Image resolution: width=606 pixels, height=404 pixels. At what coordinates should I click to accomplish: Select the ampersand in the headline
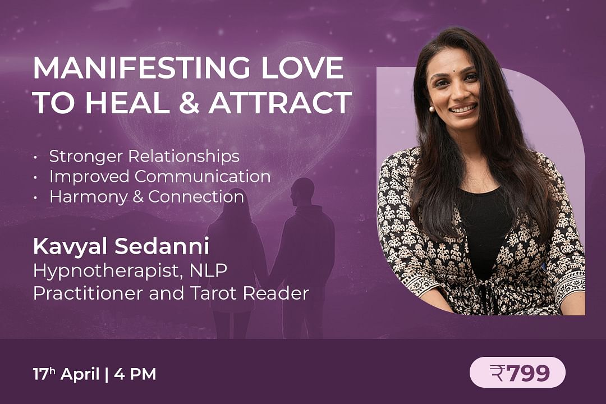[190, 103]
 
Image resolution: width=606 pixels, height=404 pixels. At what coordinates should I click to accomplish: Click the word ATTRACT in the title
[281, 103]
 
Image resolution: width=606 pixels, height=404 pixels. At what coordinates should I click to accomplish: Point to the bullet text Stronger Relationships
[144, 156]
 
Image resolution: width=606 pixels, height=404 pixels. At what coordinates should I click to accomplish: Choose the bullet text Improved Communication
[160, 176]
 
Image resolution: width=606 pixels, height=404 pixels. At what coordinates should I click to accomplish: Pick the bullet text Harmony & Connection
[146, 196]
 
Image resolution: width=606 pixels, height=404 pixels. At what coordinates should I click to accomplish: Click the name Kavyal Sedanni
[121, 247]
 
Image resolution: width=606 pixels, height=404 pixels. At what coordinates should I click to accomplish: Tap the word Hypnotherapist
[107, 271]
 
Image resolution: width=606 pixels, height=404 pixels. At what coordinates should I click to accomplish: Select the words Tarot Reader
[250, 293]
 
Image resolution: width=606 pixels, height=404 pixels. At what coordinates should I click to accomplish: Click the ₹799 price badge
[517, 373]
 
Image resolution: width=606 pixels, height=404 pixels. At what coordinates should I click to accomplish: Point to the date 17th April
[66, 374]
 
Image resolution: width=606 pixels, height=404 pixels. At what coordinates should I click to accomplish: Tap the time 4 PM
[135, 374]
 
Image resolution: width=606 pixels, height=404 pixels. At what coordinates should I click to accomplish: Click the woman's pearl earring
[431, 109]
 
